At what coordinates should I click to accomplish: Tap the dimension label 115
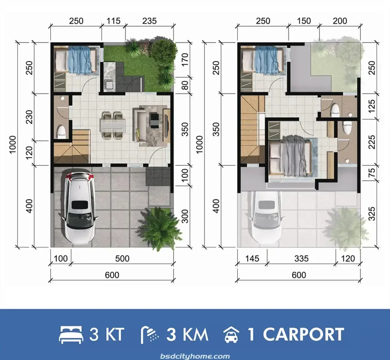tap(113, 21)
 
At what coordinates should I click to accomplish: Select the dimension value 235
tap(149, 21)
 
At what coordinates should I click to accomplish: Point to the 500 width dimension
tap(122, 259)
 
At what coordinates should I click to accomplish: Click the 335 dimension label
tap(301, 259)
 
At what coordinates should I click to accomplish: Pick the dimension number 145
tap(252, 259)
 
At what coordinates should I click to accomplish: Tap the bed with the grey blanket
tap(290, 156)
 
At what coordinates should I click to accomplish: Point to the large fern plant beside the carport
tap(160, 228)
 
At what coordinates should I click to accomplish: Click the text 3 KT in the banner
tap(107, 335)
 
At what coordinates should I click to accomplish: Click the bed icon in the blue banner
tap(70, 335)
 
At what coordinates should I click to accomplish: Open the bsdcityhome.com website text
tap(195, 356)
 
